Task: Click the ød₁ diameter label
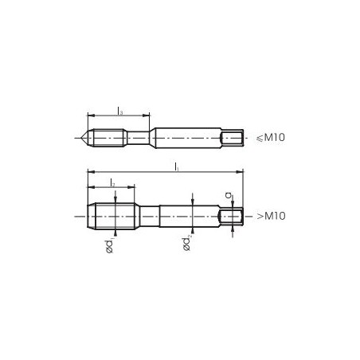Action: click(109, 246)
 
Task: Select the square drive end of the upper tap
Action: click(230, 138)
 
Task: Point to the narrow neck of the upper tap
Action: click(137, 138)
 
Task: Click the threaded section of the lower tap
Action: click(112, 216)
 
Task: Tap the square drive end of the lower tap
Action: click(232, 216)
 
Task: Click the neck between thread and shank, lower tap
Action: click(148, 216)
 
